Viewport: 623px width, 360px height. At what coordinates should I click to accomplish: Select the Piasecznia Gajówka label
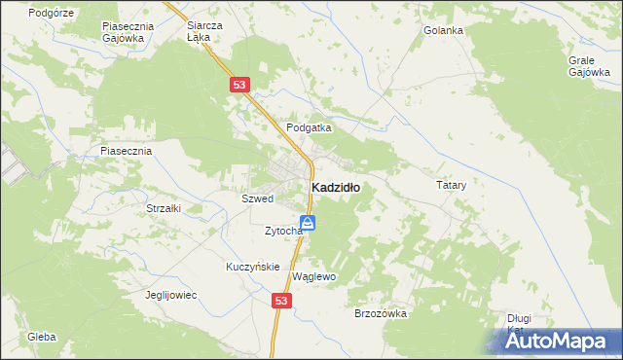124,32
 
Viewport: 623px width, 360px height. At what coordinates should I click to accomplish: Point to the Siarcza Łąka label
204,32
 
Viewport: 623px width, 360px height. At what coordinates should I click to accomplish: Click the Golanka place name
443,30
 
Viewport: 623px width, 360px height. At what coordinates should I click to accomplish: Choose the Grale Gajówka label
588,65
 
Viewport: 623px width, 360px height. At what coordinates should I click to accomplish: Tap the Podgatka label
309,127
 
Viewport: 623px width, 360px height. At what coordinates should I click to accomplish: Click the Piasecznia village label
127,152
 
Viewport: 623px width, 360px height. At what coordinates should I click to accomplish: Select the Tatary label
451,184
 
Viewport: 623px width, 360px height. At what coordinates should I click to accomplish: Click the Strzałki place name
164,208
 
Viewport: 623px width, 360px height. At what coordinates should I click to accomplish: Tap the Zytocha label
283,231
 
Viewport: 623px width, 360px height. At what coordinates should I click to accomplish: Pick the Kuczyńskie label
253,267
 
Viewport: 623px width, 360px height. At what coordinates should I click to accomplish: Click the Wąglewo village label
313,276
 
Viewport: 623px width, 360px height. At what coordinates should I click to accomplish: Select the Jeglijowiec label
171,295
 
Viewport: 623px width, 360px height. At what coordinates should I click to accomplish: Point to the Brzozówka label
381,313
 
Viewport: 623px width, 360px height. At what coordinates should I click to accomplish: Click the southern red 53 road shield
281,303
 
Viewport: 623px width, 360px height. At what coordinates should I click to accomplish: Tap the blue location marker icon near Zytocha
308,224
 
